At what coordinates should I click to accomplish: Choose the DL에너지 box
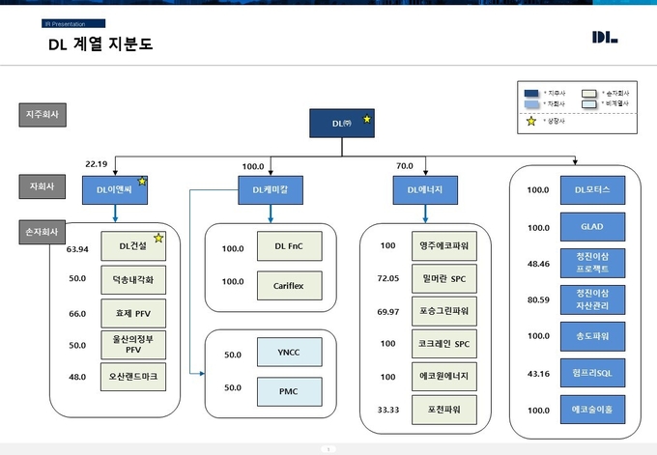(418, 191)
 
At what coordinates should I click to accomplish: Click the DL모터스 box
(591, 190)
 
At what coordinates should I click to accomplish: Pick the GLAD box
(591, 227)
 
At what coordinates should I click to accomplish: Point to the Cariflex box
(289, 286)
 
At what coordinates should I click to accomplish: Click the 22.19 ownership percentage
(98, 164)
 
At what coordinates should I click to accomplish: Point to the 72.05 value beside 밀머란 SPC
(386, 279)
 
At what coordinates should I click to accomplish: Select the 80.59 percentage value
(538, 300)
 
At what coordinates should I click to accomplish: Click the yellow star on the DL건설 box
(157, 238)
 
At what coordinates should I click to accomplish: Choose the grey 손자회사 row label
(44, 233)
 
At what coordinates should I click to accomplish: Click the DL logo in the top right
(605, 38)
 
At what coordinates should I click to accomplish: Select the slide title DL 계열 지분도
(100, 44)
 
